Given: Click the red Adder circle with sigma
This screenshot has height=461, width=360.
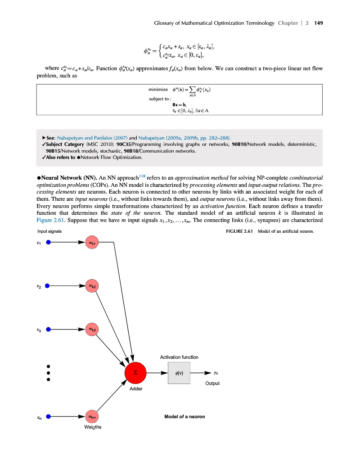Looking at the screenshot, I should coord(135,373).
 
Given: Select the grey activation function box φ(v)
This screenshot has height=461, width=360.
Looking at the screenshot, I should coord(179,373).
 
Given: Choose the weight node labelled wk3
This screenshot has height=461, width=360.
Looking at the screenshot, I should coord(92,330).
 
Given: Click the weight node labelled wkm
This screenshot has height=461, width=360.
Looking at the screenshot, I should coord(92,416).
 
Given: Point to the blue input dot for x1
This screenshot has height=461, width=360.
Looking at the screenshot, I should coord(49,242).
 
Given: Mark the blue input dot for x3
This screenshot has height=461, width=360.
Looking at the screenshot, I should coord(49,330).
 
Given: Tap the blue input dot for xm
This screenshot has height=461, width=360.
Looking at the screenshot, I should coord(49,416).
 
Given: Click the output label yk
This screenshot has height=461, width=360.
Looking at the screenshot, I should coord(216,373).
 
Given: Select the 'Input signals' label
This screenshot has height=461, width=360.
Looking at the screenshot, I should coord(49,231).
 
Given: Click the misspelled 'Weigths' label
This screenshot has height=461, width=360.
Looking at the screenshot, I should coord(93,427).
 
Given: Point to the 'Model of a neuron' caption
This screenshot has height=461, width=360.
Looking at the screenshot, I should coord(184,416).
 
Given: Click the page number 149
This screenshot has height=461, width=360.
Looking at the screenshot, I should coord(319,23).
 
